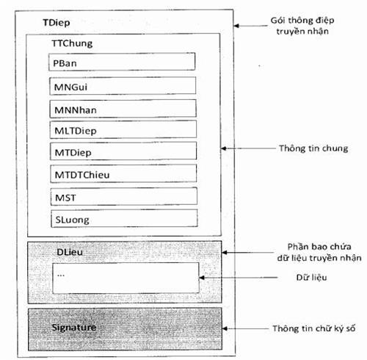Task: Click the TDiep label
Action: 57,23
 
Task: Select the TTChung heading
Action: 72,43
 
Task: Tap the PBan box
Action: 122,62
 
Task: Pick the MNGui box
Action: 123,86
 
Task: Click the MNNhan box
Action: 123,109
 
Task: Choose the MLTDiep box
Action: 123,129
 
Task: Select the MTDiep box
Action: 123,151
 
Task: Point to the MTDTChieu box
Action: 123,173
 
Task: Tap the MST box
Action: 124,196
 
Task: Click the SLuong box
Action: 124,218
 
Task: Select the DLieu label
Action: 70,252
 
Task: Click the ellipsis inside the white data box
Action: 61,276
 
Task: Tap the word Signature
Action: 74,328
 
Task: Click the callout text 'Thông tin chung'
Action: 313,148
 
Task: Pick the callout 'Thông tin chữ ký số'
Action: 314,328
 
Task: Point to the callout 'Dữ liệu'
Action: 311,277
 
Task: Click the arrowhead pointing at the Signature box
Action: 225,328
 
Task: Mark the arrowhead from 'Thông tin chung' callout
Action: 224,148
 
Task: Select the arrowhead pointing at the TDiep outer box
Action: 236,26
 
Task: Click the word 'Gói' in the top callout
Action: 278,21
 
